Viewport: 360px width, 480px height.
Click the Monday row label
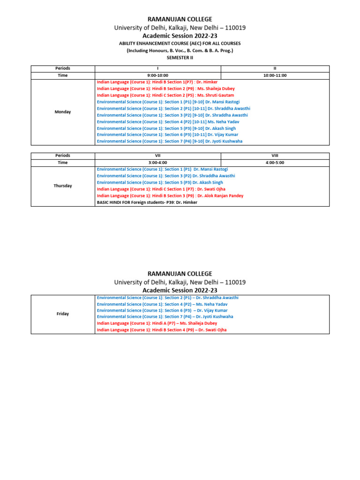click(x=63, y=112)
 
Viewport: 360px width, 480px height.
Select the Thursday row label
click(x=63, y=186)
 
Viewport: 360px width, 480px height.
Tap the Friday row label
click(x=63, y=314)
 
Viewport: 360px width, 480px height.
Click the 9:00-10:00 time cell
click(x=157, y=75)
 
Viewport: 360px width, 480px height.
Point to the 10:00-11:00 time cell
click(x=275, y=75)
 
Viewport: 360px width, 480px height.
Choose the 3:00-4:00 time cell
click(x=157, y=163)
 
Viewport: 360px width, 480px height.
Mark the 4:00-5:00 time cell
click(x=275, y=163)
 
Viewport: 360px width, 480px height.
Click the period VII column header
click(x=157, y=156)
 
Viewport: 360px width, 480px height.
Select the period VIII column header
click(x=275, y=156)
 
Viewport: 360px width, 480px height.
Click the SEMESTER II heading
click(x=180, y=58)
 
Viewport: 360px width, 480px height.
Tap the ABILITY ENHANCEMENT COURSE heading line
click(x=180, y=44)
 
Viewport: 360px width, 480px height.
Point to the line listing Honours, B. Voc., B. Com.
click(x=180, y=51)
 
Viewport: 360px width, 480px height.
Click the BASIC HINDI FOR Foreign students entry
click(x=147, y=202)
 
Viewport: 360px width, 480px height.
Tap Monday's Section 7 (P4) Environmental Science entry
click(x=170, y=141)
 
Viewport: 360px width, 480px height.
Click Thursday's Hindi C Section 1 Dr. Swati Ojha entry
click(x=161, y=189)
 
